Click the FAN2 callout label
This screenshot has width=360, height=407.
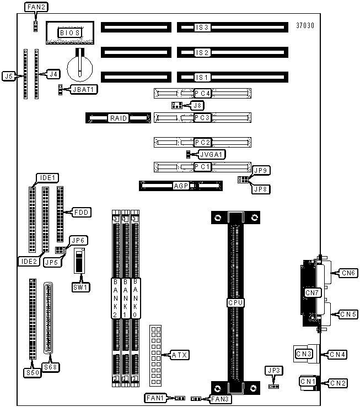tap(36, 7)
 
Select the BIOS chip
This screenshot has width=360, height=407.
tap(70, 32)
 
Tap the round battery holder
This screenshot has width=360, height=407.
tap(80, 68)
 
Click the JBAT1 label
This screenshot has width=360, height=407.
tap(84, 90)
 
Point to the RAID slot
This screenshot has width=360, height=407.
tap(118, 118)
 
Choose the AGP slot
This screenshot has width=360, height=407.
tap(181, 186)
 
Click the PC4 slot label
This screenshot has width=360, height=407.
tap(202, 93)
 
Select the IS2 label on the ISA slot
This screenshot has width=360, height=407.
tap(202, 53)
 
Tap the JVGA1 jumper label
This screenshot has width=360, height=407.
tap(212, 155)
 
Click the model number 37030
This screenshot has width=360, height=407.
tap(305, 25)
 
